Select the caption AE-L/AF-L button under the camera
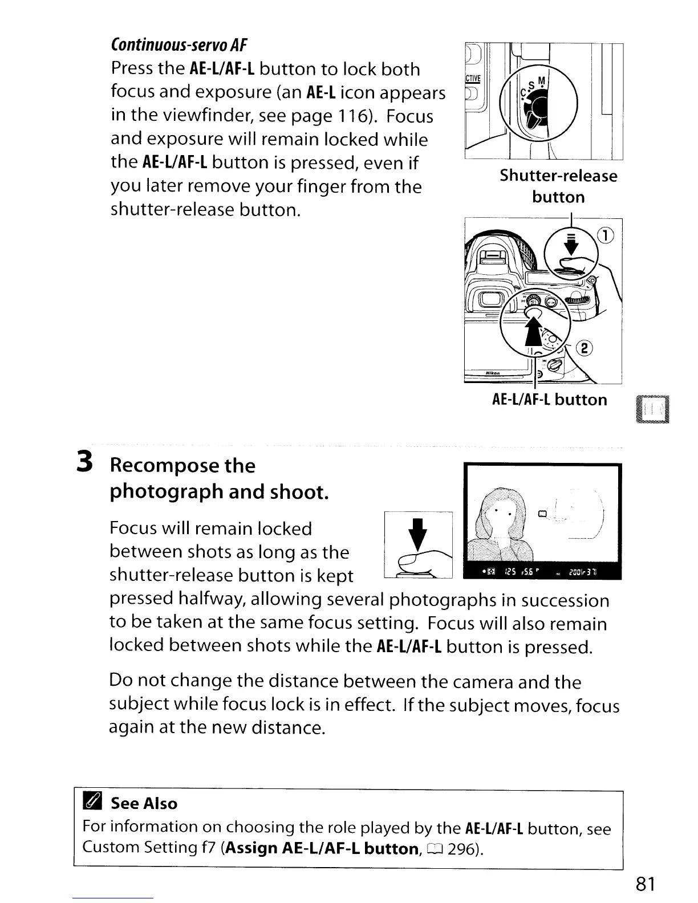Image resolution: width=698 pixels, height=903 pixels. pyautogui.click(x=549, y=400)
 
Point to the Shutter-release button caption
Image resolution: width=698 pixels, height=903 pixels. pyautogui.click(x=558, y=186)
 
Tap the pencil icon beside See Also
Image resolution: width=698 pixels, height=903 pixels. pyautogui.click(x=91, y=803)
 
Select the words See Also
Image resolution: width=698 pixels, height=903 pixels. pyautogui.click(x=144, y=803)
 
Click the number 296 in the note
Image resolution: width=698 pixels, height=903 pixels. pyautogui.click(x=465, y=849)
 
